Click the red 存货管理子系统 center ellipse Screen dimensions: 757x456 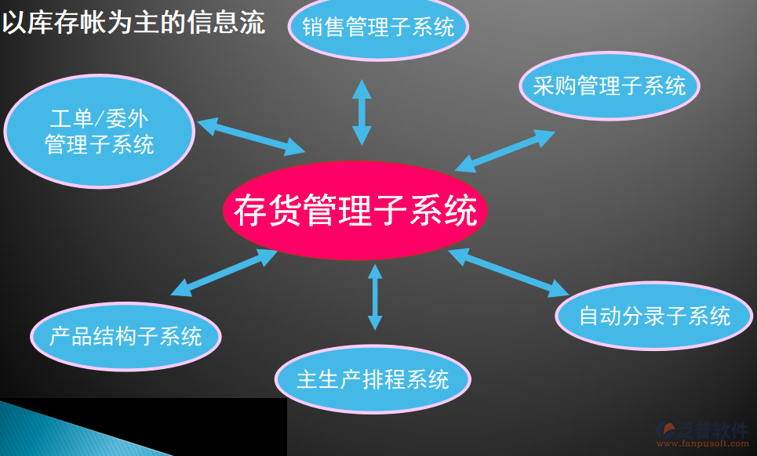[x=355, y=210]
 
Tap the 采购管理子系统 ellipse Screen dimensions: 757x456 [x=610, y=86]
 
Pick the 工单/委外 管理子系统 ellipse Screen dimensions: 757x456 [x=100, y=131]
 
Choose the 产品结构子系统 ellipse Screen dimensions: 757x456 [x=126, y=336]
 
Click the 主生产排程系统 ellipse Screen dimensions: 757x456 [x=373, y=379]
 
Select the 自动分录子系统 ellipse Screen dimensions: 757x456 [x=654, y=316]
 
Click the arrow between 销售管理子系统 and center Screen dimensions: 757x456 [x=362, y=112]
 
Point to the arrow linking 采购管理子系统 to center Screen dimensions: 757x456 [x=505, y=151]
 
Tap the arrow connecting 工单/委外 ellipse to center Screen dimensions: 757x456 [x=251, y=137]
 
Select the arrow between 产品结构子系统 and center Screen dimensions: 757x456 [x=224, y=273]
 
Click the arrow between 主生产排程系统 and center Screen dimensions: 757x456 [x=375, y=297]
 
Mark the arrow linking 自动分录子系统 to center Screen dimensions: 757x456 [x=508, y=273]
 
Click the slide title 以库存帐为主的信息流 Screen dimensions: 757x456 [x=133, y=23]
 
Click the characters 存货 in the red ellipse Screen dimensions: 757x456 [x=268, y=210]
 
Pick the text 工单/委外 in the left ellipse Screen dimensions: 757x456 [x=100, y=118]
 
